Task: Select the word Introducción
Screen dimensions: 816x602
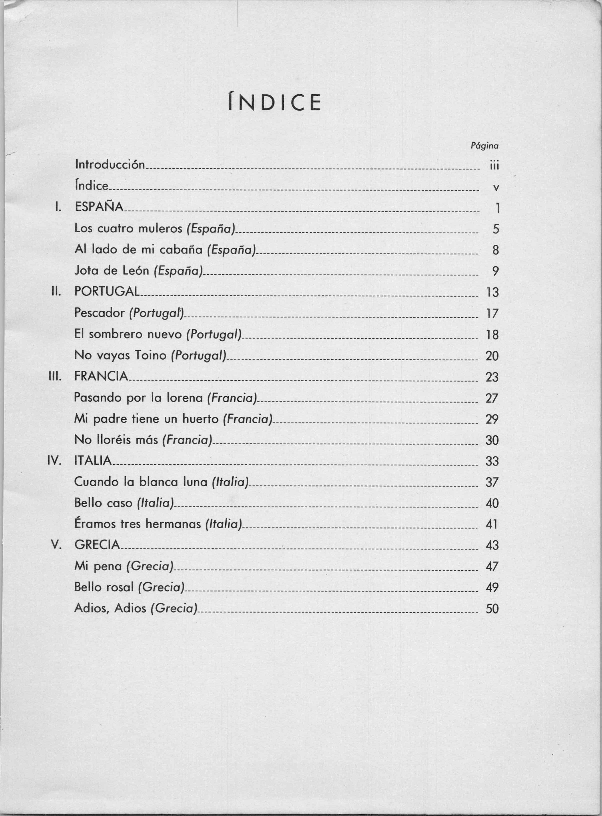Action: [110, 165]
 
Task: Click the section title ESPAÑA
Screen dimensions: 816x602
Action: [99, 207]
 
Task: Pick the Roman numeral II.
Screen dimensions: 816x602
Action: [56, 292]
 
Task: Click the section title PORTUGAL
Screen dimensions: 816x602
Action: [107, 292]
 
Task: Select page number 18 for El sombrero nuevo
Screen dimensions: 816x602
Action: [492, 335]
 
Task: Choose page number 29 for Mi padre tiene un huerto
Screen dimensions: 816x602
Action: [492, 419]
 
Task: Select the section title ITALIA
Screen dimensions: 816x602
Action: [93, 461]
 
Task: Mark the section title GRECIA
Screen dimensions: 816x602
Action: [97, 545]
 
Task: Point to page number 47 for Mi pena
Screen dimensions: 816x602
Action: [492, 567]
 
